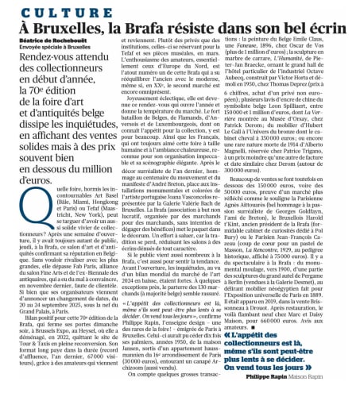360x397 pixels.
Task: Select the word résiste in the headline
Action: pos(205,29)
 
